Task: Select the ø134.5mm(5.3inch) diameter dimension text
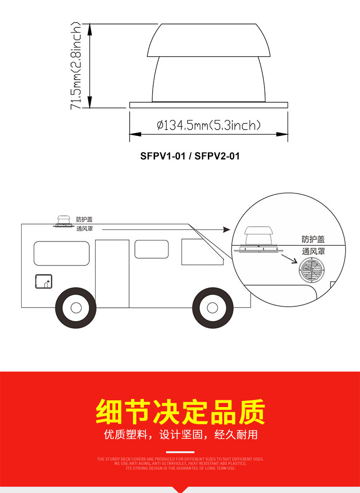point(208,125)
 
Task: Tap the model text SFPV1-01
point(163,156)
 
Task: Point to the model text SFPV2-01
point(217,156)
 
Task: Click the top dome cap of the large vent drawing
point(208,40)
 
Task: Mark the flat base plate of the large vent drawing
point(208,105)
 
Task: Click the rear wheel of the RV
point(75,307)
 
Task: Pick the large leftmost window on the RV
point(61,253)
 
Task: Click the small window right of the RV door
point(151,249)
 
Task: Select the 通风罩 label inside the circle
point(313,251)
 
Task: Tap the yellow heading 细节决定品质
point(180,412)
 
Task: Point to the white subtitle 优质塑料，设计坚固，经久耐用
point(180,435)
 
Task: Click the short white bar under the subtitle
point(180,452)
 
